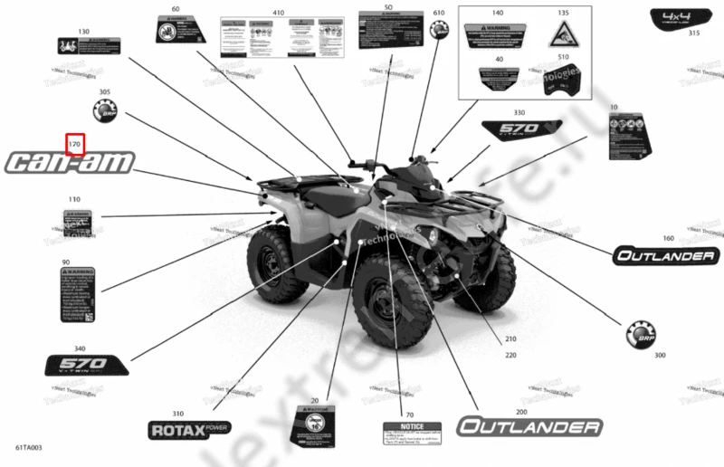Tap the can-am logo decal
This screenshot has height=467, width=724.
(71, 163)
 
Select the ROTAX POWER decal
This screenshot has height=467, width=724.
(189, 428)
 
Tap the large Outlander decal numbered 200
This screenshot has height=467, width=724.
(529, 427)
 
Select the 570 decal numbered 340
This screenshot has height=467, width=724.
(86, 365)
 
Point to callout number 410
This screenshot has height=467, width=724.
(278, 13)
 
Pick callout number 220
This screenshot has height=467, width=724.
(510, 356)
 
